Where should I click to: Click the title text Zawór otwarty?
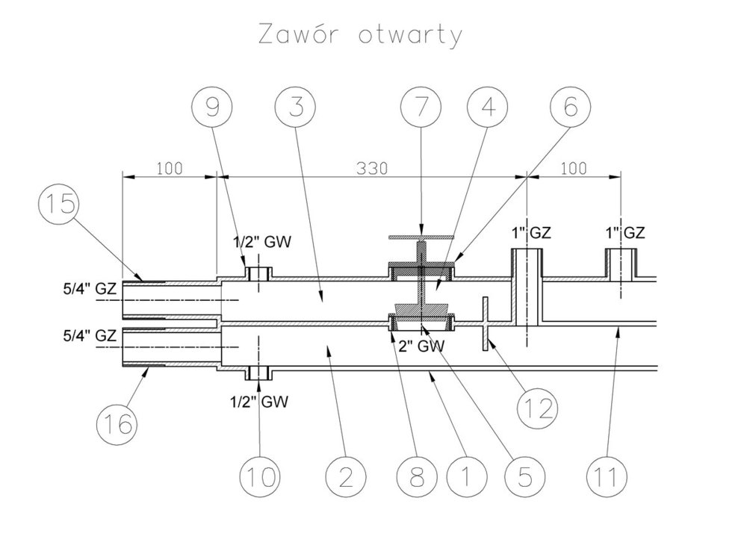[x=360, y=35]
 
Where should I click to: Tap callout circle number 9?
[x=213, y=109]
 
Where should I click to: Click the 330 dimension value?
[x=371, y=168]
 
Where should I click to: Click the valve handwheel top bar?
[x=421, y=237]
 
